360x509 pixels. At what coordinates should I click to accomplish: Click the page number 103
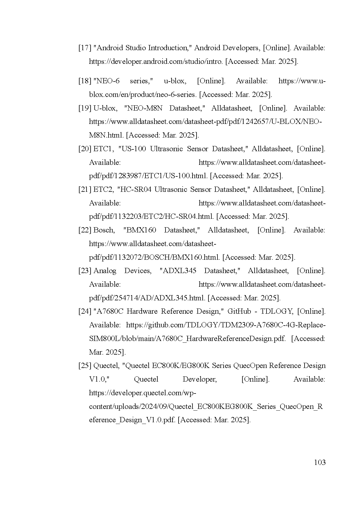coord(320,462)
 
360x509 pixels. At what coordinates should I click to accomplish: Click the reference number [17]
coord(85,48)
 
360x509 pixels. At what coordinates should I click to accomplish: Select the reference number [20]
coord(85,149)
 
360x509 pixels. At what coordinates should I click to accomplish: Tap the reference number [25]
coord(85,366)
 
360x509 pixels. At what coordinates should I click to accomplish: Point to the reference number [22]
coord(85,230)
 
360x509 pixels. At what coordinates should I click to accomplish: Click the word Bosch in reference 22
coord(104,230)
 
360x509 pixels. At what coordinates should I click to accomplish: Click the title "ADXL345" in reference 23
coord(178,271)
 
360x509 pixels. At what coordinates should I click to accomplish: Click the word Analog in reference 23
coord(105,271)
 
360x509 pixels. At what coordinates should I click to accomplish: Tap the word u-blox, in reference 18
coord(174,81)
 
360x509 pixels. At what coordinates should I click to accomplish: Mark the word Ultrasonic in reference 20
coord(166,149)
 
